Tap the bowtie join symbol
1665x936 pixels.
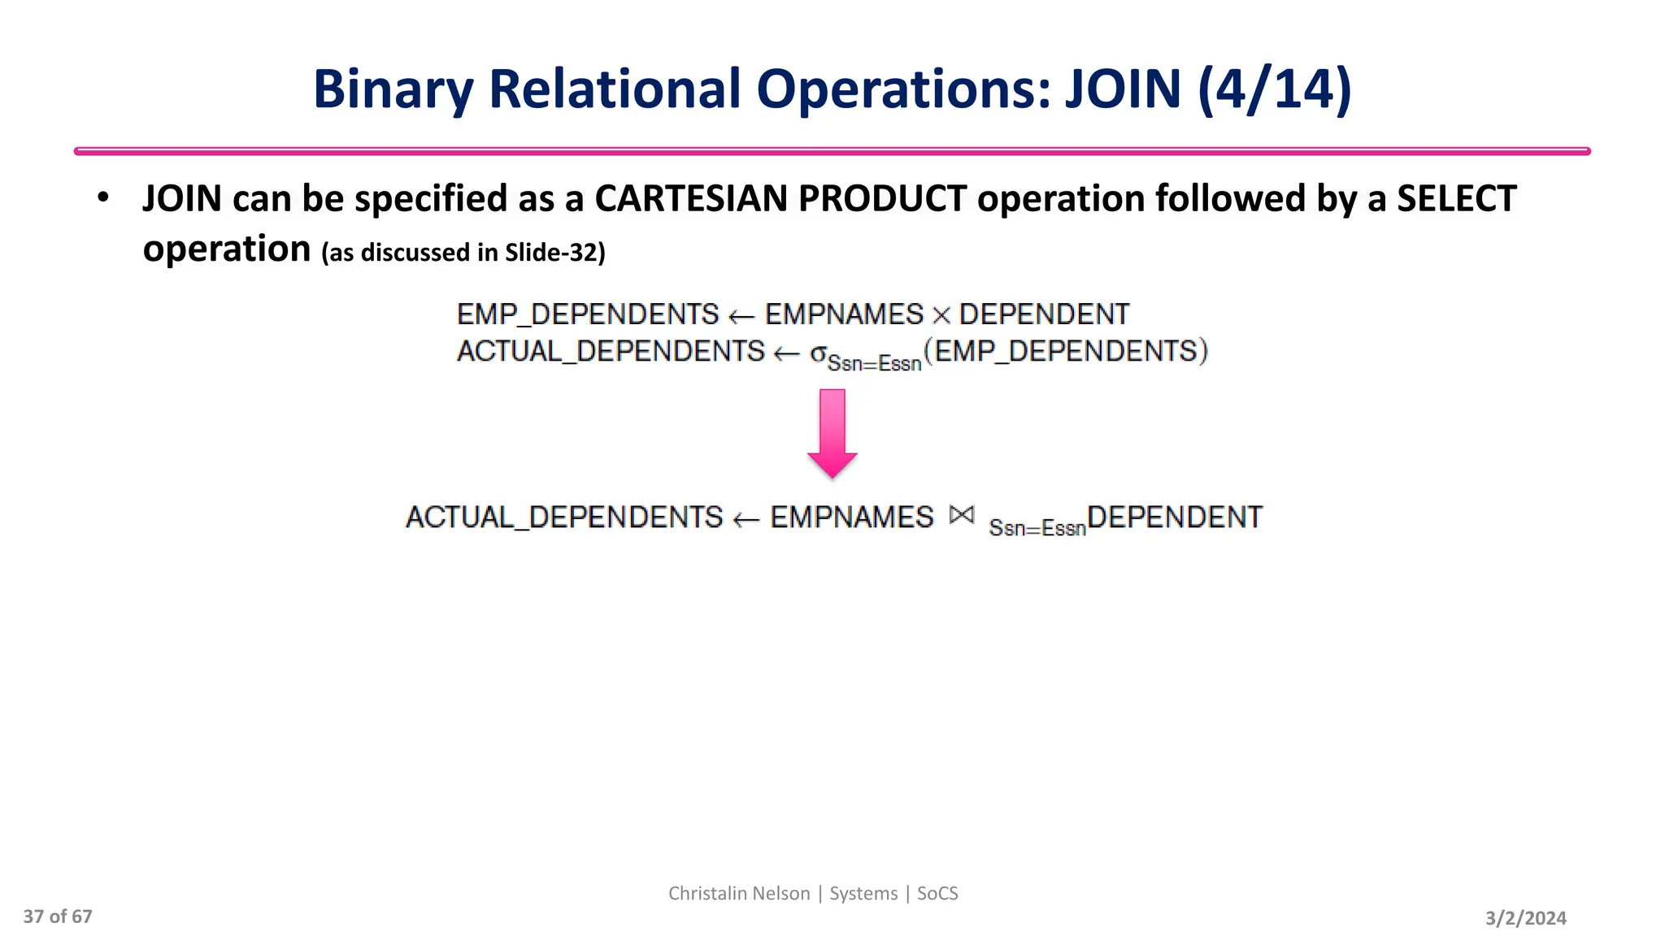(x=961, y=515)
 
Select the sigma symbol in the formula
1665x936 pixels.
(x=818, y=353)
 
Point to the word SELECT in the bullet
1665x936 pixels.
(x=1456, y=198)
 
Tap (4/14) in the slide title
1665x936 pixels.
(x=1275, y=89)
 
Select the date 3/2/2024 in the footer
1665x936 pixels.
(x=1525, y=918)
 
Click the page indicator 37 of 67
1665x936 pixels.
(x=58, y=916)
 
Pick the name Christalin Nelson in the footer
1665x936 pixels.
(x=739, y=894)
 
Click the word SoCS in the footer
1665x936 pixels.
(x=937, y=894)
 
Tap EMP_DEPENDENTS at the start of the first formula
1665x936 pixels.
(x=588, y=314)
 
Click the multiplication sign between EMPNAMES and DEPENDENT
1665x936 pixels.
(x=941, y=315)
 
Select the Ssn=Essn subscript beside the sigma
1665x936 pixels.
(x=874, y=363)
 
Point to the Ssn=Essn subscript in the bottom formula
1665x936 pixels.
(x=1037, y=528)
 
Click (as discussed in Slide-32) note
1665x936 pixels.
(x=463, y=253)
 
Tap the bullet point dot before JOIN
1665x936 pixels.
(x=102, y=197)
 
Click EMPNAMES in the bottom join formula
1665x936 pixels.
(x=852, y=518)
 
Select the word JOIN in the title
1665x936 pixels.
(x=1123, y=89)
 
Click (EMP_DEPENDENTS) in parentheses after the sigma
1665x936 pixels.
(x=1066, y=351)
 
